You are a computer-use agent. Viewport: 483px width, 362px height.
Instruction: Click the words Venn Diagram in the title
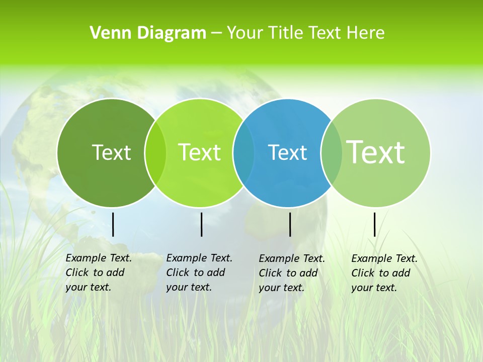click(148, 33)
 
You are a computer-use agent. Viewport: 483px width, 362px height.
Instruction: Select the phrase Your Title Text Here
click(305, 33)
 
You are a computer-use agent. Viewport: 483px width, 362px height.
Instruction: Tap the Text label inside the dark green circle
click(111, 152)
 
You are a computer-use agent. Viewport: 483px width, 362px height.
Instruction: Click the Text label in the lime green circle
click(199, 152)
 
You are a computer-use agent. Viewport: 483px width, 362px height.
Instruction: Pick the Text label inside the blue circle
click(287, 152)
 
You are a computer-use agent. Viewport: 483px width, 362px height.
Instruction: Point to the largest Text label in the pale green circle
click(375, 152)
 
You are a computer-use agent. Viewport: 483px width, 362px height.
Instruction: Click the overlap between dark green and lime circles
click(155, 152)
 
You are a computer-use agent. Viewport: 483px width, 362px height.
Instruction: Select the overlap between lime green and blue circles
click(244, 152)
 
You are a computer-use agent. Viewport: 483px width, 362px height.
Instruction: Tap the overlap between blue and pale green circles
click(331, 152)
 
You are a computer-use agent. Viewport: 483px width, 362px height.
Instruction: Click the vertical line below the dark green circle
click(113, 224)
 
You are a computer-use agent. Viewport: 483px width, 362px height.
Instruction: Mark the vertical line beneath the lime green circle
click(201, 224)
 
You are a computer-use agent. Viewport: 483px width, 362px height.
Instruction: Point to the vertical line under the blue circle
click(290, 224)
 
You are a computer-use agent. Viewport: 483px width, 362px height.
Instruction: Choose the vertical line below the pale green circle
click(375, 224)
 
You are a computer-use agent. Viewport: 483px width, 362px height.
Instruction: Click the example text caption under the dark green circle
click(99, 273)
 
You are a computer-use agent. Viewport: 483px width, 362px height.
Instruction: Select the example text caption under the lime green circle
click(199, 273)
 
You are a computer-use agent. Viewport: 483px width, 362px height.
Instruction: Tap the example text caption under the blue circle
click(292, 273)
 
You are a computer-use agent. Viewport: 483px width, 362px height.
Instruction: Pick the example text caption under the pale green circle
click(384, 273)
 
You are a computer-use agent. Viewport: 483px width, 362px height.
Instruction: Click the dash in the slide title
click(216, 34)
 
